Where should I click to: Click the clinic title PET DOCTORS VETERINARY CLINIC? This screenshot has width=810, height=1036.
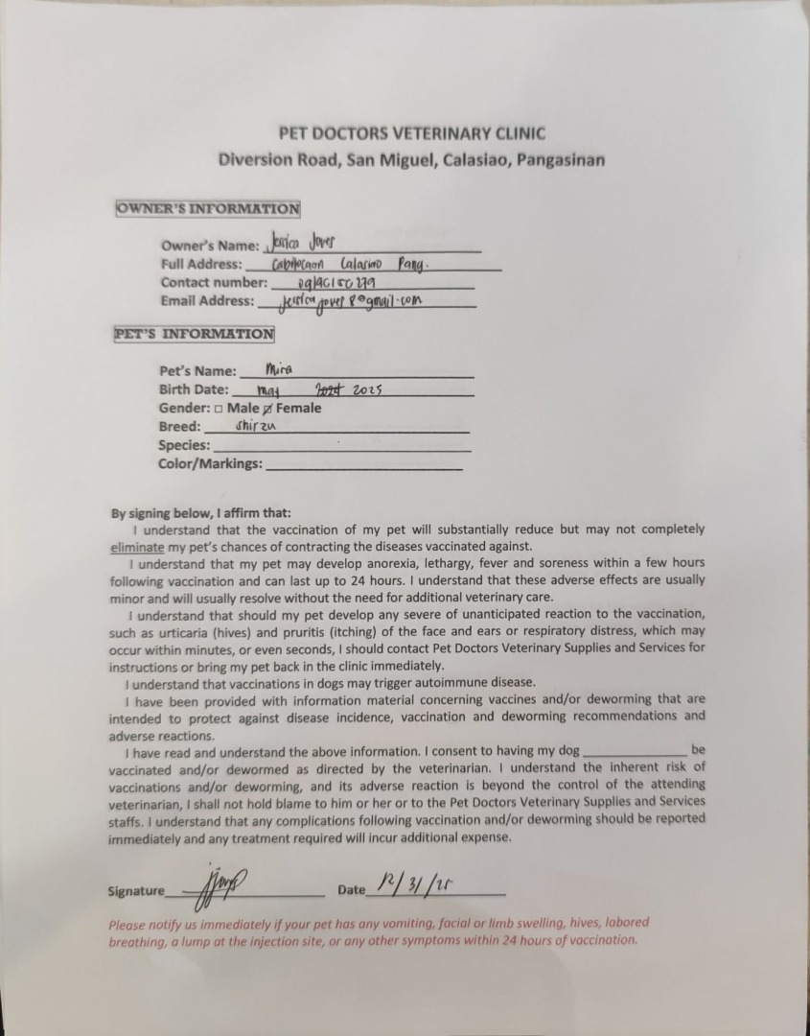coord(411,133)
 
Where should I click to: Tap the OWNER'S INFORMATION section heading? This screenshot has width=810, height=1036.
coord(208,208)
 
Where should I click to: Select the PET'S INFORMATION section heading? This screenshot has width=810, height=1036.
coord(194,334)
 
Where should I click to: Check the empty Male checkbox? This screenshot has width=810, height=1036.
coord(219,409)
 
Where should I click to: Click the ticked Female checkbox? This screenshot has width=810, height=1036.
coord(268,409)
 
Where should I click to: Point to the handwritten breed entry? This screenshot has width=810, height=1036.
coord(255,426)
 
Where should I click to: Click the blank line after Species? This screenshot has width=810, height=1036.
coord(341,447)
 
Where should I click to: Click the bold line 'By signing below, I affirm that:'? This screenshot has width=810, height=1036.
coord(201,512)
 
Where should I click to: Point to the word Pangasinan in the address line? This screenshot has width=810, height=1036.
coord(561,160)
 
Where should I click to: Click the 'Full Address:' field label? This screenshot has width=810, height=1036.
coord(201,264)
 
